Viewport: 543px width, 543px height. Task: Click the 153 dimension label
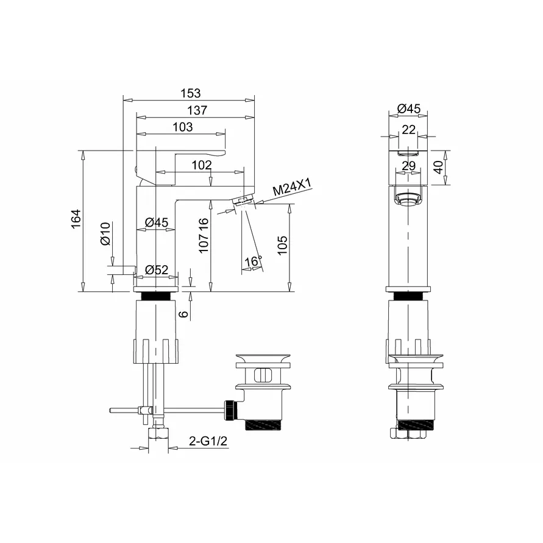pos(191,93)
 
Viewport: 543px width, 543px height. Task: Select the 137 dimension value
pos(197,110)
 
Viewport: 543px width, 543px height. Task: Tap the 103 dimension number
pos(182,127)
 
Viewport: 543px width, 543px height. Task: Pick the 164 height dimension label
pos(76,219)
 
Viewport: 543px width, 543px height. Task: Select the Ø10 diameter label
pos(105,234)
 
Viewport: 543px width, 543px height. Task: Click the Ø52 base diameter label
pos(157,269)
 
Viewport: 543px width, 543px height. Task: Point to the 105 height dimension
pos(282,245)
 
